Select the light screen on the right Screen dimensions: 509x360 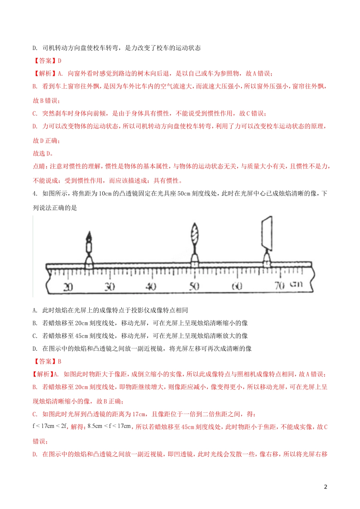pyautogui.click(x=267, y=233)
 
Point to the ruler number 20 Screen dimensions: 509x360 pyautogui.click(x=68, y=286)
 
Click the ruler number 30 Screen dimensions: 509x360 pyautogui.click(x=110, y=286)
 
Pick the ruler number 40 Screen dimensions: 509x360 pyautogui.click(x=151, y=286)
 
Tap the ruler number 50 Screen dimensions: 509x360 pyautogui.click(x=194, y=286)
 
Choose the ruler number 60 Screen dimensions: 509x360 pyautogui.click(x=237, y=286)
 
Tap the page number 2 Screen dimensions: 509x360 pyautogui.click(x=326, y=487)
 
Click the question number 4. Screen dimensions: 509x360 pyautogui.click(x=35, y=194)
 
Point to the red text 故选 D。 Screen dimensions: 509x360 pyautogui.click(x=43, y=153)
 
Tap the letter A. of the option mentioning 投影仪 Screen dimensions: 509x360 pyautogui.click(x=35, y=310)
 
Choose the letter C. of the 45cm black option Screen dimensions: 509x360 pyautogui.click(x=35, y=336)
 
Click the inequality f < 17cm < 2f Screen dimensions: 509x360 pyautogui.click(x=50, y=426)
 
